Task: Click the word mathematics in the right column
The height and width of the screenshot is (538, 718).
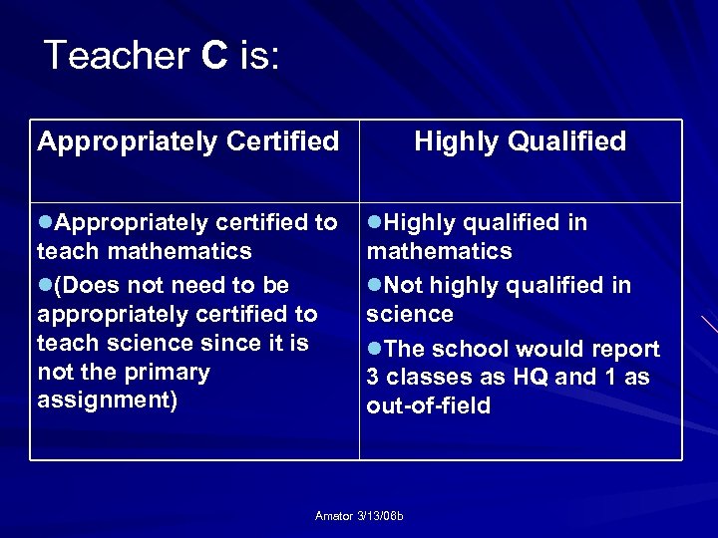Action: [439, 251]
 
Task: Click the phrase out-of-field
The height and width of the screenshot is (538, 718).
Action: [429, 405]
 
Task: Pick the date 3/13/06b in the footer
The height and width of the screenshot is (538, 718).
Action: [389, 515]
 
